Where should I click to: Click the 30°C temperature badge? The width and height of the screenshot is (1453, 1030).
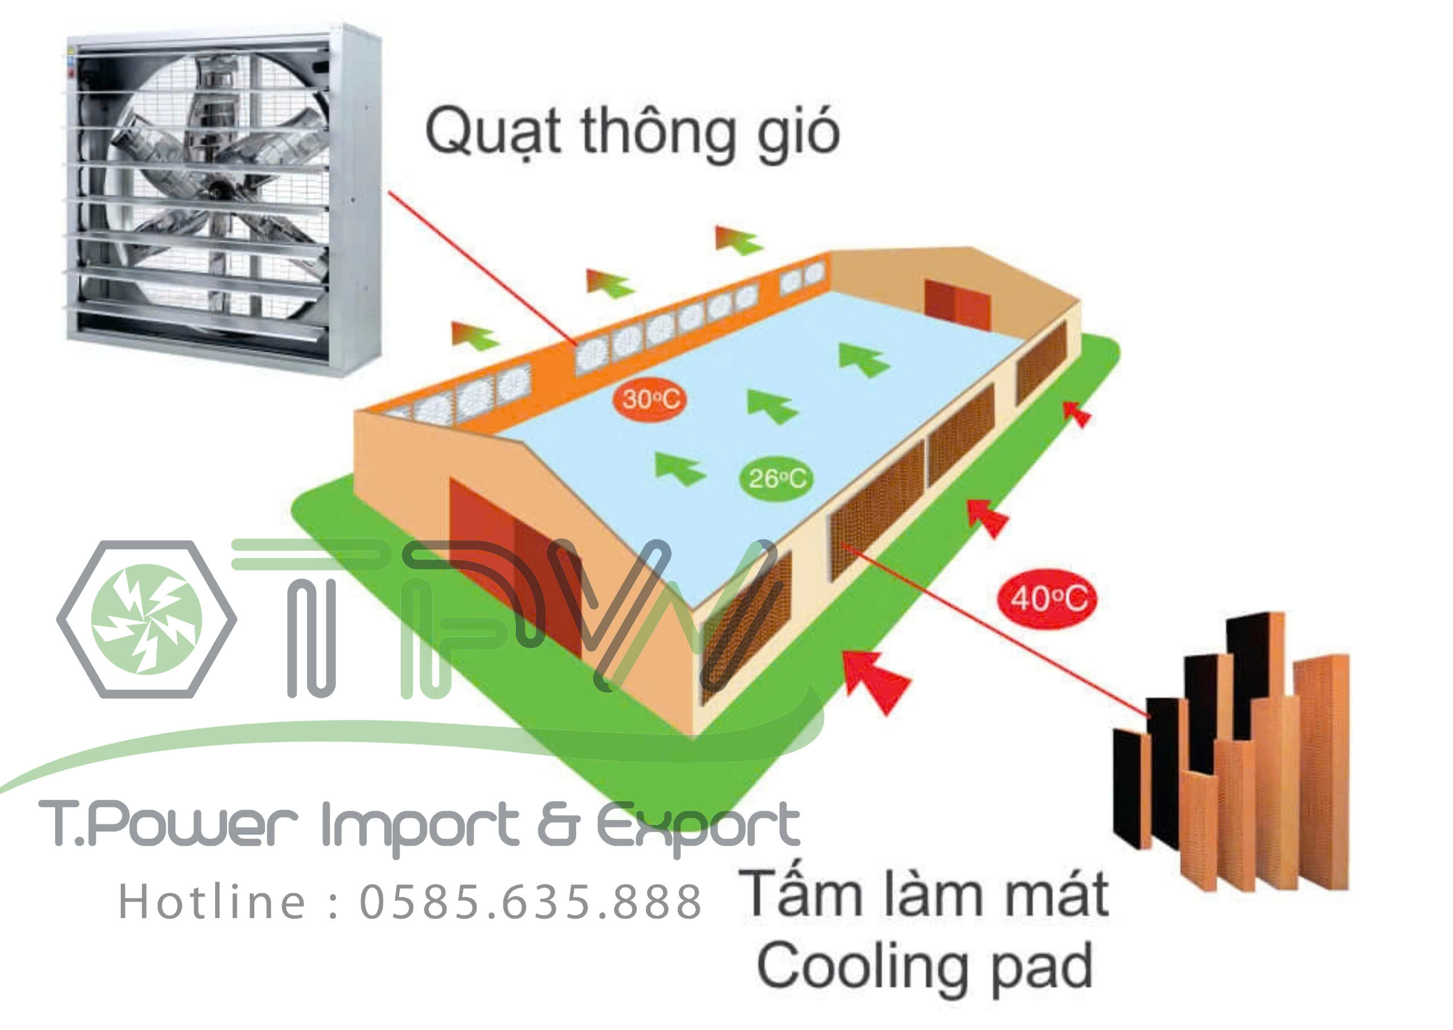(650, 400)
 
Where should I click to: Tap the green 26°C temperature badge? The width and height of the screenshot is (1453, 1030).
(776, 479)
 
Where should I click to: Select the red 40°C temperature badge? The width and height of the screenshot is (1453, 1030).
(1047, 598)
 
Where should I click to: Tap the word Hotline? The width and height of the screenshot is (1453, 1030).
(212, 901)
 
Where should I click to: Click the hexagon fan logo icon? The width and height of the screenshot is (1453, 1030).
(146, 619)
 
